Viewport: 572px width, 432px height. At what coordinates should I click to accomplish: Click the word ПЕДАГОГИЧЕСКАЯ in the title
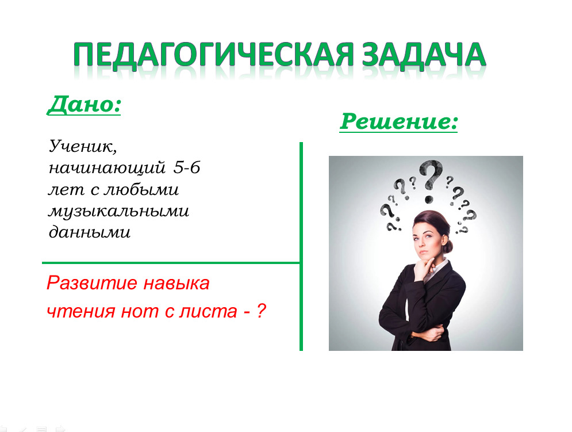pyautogui.click(x=214, y=55)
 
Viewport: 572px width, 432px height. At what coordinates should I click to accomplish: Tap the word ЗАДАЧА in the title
pyautogui.click(x=424, y=55)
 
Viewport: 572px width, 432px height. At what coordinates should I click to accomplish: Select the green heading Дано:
pyautogui.click(x=84, y=105)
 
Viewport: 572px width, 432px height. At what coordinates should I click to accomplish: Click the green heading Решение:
pyautogui.click(x=398, y=121)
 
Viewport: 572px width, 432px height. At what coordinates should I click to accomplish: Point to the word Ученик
pyautogui.click(x=83, y=146)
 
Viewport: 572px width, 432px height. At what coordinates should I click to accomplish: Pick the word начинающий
pyautogui.click(x=108, y=167)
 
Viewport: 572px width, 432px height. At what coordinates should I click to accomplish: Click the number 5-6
pyautogui.click(x=187, y=167)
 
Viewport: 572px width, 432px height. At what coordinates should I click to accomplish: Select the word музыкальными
pyautogui.click(x=119, y=211)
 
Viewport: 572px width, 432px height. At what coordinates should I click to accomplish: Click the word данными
pyautogui.click(x=90, y=232)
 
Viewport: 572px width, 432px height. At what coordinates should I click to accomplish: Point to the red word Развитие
pyautogui.click(x=92, y=283)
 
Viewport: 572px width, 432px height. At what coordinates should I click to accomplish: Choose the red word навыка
pyautogui.click(x=176, y=283)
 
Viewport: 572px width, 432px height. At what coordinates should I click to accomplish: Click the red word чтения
pyautogui.click(x=81, y=311)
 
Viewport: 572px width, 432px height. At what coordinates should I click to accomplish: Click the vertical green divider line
pyautogui.click(x=301, y=247)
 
